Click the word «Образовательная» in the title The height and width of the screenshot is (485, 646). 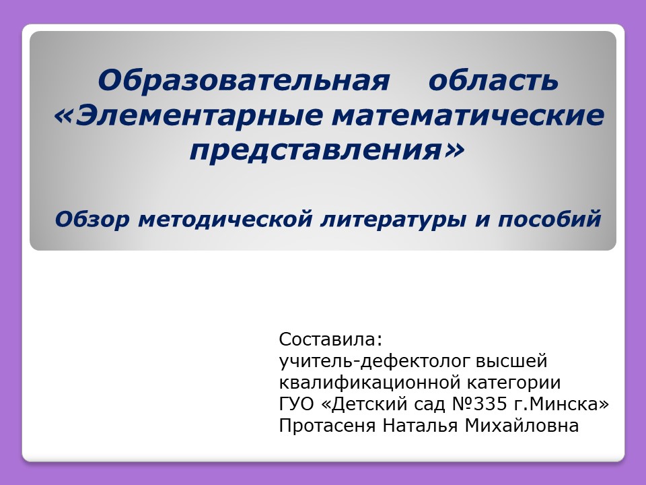[x=244, y=80]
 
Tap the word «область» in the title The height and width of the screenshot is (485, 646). [x=493, y=80]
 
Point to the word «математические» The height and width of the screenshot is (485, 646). [x=468, y=115]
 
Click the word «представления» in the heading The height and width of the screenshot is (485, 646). [x=315, y=150]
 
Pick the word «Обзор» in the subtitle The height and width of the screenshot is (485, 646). [x=92, y=218]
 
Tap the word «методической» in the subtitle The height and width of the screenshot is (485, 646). [x=225, y=219]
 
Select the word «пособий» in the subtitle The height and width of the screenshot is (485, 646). [x=550, y=218]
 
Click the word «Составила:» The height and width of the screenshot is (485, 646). [x=331, y=339]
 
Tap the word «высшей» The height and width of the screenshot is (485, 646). [x=511, y=361]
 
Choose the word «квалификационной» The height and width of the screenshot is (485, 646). [x=369, y=383]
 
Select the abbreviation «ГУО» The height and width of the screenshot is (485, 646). [x=296, y=403]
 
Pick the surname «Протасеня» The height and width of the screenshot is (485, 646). [x=327, y=426]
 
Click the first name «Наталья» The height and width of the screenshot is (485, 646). [x=420, y=425]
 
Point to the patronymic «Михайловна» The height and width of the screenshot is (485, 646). [x=522, y=425]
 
